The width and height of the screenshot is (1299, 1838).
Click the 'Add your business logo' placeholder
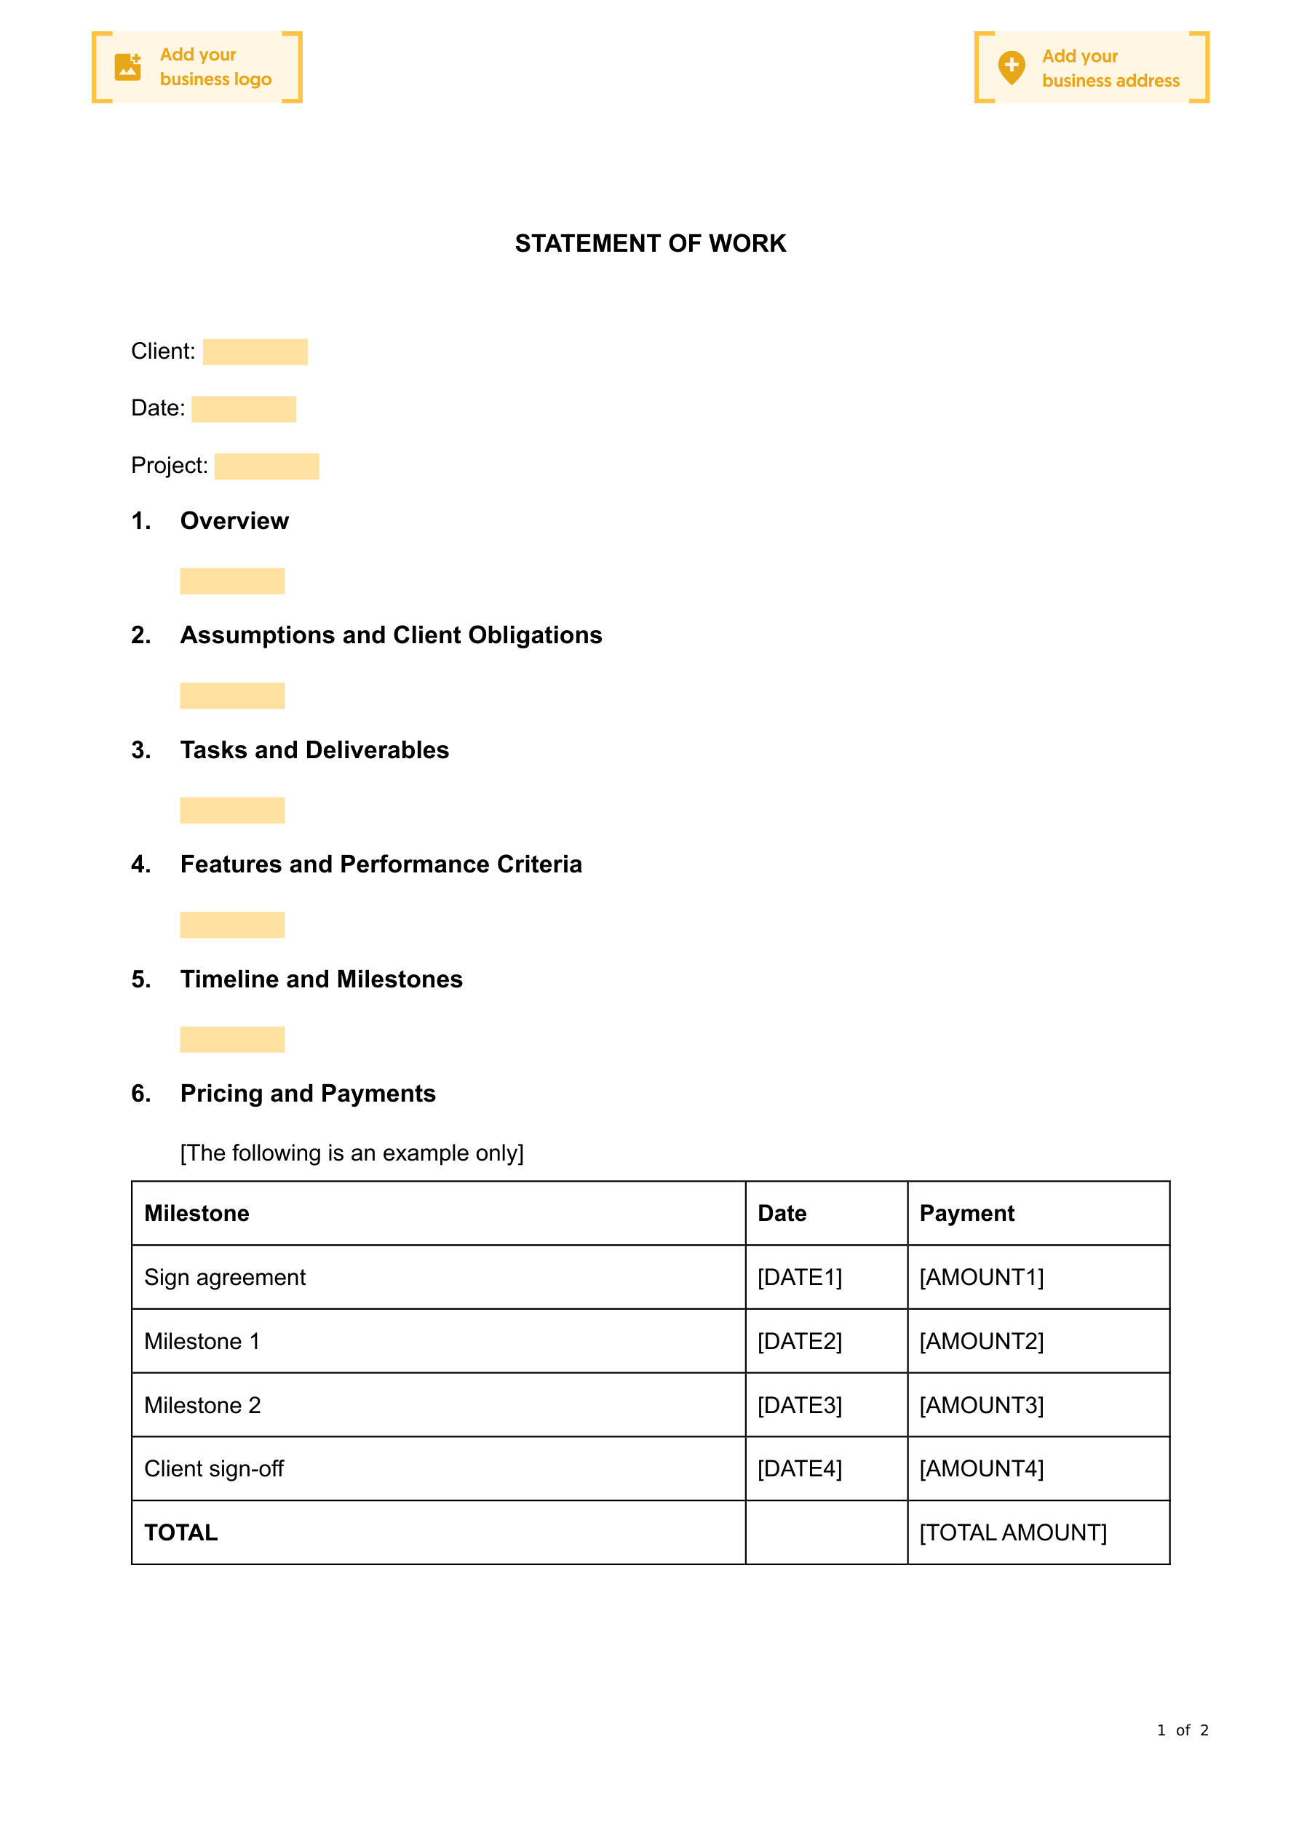pyautogui.click(x=197, y=67)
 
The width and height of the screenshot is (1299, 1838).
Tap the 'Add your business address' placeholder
pyautogui.click(x=1091, y=68)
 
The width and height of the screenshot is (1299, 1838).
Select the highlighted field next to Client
pyautogui.click(x=255, y=352)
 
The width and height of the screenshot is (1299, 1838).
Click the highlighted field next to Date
pyautogui.click(x=244, y=409)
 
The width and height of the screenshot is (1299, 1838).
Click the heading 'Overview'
pyautogui.click(x=234, y=521)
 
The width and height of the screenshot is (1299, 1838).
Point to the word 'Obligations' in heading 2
pyautogui.click(x=535, y=636)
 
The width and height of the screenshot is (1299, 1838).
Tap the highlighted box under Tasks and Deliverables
pyautogui.click(x=232, y=810)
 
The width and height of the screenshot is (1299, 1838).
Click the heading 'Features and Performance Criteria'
pyautogui.click(x=381, y=864)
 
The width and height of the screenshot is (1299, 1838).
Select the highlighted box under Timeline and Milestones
pyautogui.click(x=232, y=1040)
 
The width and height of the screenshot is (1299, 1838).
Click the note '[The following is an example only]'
pyautogui.click(x=351, y=1153)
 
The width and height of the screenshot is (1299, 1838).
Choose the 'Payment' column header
pyautogui.click(x=966, y=1214)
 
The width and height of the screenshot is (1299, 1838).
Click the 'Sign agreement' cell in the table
pyautogui.click(x=225, y=1278)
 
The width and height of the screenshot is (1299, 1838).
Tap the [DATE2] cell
pyautogui.click(x=799, y=1342)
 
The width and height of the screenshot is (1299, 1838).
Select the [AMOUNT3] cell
pyautogui.click(x=981, y=1406)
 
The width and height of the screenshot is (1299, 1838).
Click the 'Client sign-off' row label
pyautogui.click(x=214, y=1469)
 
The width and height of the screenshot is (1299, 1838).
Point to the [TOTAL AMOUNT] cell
pyautogui.click(x=1012, y=1533)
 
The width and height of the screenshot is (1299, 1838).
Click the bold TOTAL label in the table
pyautogui.click(x=181, y=1533)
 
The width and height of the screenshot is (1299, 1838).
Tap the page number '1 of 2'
pyautogui.click(x=1182, y=1731)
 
